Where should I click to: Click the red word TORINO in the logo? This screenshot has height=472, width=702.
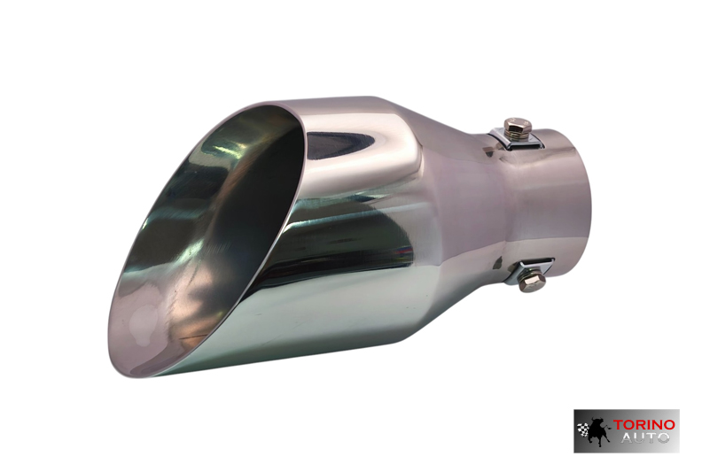click(643, 424)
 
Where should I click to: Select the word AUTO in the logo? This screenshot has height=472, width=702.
click(645, 437)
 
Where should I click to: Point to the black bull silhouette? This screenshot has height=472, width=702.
click(598, 429)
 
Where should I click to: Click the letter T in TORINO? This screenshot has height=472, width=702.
click(618, 424)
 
